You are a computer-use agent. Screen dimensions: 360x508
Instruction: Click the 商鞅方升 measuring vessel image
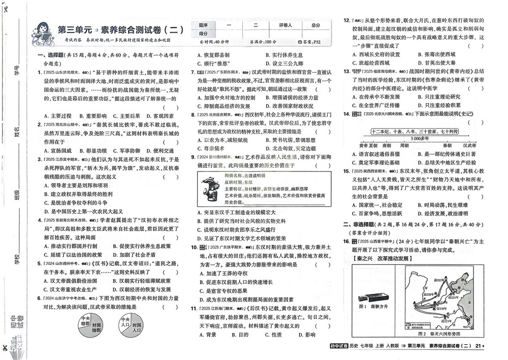click(x=373, y=297)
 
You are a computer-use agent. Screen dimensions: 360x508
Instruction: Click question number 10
click(x=194, y=248)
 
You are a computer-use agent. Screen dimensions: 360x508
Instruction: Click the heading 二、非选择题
click(x=362, y=224)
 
